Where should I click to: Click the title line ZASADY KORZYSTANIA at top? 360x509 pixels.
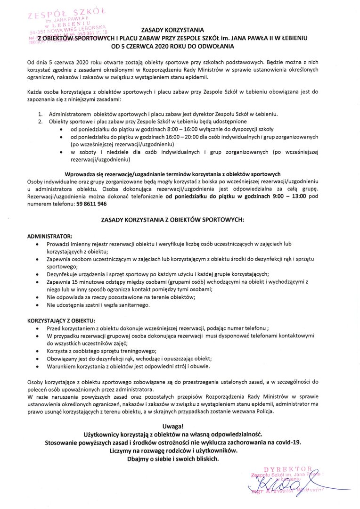click(173, 30)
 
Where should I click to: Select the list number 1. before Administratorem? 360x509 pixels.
click(40, 114)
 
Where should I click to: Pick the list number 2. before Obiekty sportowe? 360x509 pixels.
click(40, 121)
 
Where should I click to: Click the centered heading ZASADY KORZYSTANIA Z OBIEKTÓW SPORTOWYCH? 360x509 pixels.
click(173, 220)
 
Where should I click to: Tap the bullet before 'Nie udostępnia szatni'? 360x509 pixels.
click(37, 305)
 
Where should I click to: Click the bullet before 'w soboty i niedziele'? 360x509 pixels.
click(62, 153)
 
